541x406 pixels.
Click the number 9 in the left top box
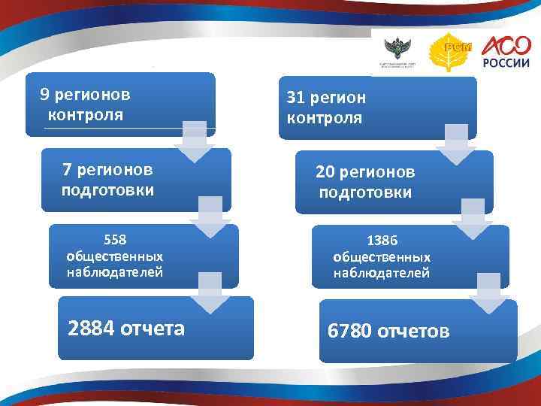tap(45, 95)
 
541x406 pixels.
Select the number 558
tap(115, 240)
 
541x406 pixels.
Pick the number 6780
tap(350, 331)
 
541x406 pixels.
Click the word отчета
tap(154, 329)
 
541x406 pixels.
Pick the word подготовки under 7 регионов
tap(107, 190)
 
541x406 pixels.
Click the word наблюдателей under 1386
tap(382, 273)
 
